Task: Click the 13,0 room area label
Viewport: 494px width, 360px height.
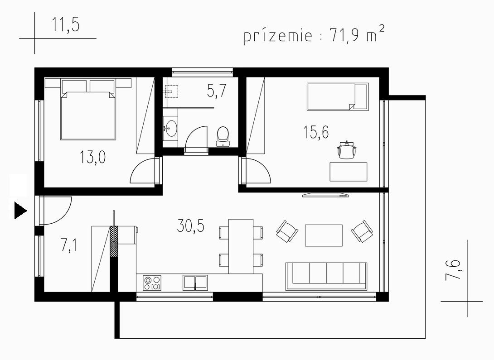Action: pos(92,157)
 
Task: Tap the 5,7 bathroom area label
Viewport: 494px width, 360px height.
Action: pos(217,91)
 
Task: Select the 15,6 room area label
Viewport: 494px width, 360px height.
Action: pos(316,132)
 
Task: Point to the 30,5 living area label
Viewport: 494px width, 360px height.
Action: pos(191,226)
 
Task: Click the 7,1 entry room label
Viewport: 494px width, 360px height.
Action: pos(68,245)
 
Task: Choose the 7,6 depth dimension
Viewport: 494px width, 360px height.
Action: pos(453,269)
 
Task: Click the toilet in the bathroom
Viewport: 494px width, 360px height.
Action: pos(223,137)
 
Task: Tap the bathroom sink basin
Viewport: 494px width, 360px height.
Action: pos(171,128)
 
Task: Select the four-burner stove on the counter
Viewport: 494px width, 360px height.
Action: pos(152,283)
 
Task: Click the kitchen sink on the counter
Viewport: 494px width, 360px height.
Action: pos(195,282)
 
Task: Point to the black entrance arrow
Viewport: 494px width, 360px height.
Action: pos(20,211)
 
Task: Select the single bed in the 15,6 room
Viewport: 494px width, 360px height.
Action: pos(338,96)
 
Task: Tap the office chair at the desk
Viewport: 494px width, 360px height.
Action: pos(347,150)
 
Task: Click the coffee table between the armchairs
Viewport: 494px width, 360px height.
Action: pos(324,235)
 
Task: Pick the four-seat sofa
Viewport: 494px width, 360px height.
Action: pos(326,276)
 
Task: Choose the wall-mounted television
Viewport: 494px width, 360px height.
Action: pos(326,195)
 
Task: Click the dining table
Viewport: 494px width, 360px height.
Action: pos(241,246)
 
